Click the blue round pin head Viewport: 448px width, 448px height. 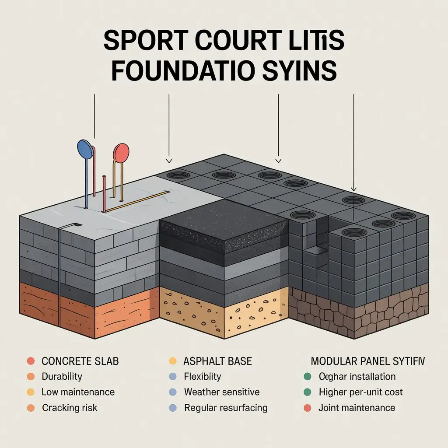tap(85, 149)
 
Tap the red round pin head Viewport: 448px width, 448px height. tap(121, 154)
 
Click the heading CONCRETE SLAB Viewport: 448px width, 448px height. tap(80, 361)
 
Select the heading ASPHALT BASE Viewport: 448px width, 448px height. tap(217, 361)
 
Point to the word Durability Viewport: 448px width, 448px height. tap(62, 376)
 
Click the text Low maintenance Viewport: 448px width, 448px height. tap(78, 392)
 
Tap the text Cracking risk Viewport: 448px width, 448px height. tap(70, 408)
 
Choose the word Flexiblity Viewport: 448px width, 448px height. tap(203, 376)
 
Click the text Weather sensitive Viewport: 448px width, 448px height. tap(221, 392)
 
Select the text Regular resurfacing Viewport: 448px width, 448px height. tap(225, 408)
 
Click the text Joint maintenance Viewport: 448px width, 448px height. tap(357, 408)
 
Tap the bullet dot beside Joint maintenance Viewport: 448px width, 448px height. tap(307, 408)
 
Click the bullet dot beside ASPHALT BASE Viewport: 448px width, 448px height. tap(172, 361)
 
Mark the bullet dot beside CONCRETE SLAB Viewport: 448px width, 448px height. tap(30, 361)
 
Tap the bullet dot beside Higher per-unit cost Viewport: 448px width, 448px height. tap(307, 392)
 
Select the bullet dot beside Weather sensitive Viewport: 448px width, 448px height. tap(172, 392)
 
